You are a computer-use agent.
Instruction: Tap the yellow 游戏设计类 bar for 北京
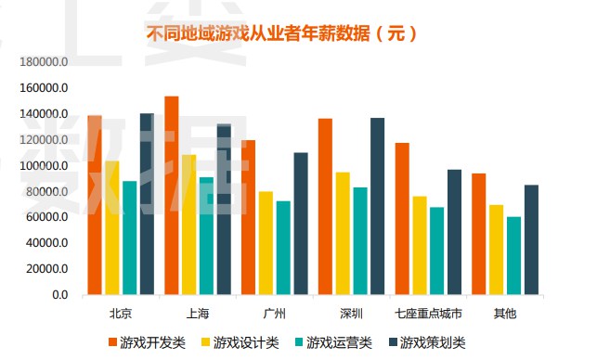tap(112, 227)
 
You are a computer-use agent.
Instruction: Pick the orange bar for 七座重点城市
tap(402, 218)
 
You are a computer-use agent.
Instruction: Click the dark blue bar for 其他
tap(531, 239)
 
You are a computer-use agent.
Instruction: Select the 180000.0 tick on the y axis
tap(45, 62)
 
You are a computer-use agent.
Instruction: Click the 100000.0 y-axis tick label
tap(45, 165)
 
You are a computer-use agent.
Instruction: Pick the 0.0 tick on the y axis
tap(59, 295)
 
